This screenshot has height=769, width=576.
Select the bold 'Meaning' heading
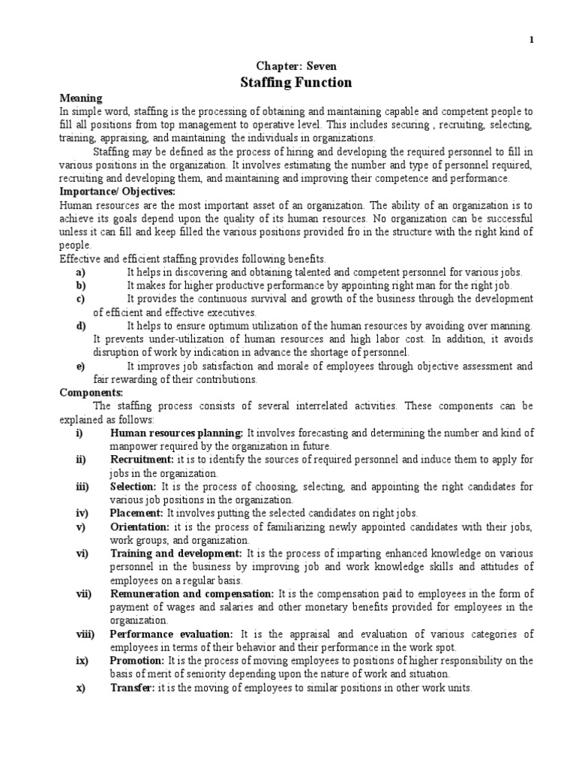coord(81,98)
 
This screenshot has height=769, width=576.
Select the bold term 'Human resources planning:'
coord(176,433)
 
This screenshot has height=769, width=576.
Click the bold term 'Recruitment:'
coord(142,460)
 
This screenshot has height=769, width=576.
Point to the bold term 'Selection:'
coord(134,487)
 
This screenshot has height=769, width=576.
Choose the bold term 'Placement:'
coord(136,514)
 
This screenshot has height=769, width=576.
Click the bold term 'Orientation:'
coord(140,527)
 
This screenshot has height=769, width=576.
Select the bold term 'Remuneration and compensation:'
coord(192,594)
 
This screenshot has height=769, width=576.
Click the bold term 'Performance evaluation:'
coord(172,635)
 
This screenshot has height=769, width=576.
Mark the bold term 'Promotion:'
coord(137,661)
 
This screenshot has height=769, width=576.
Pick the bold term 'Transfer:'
coord(132,688)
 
